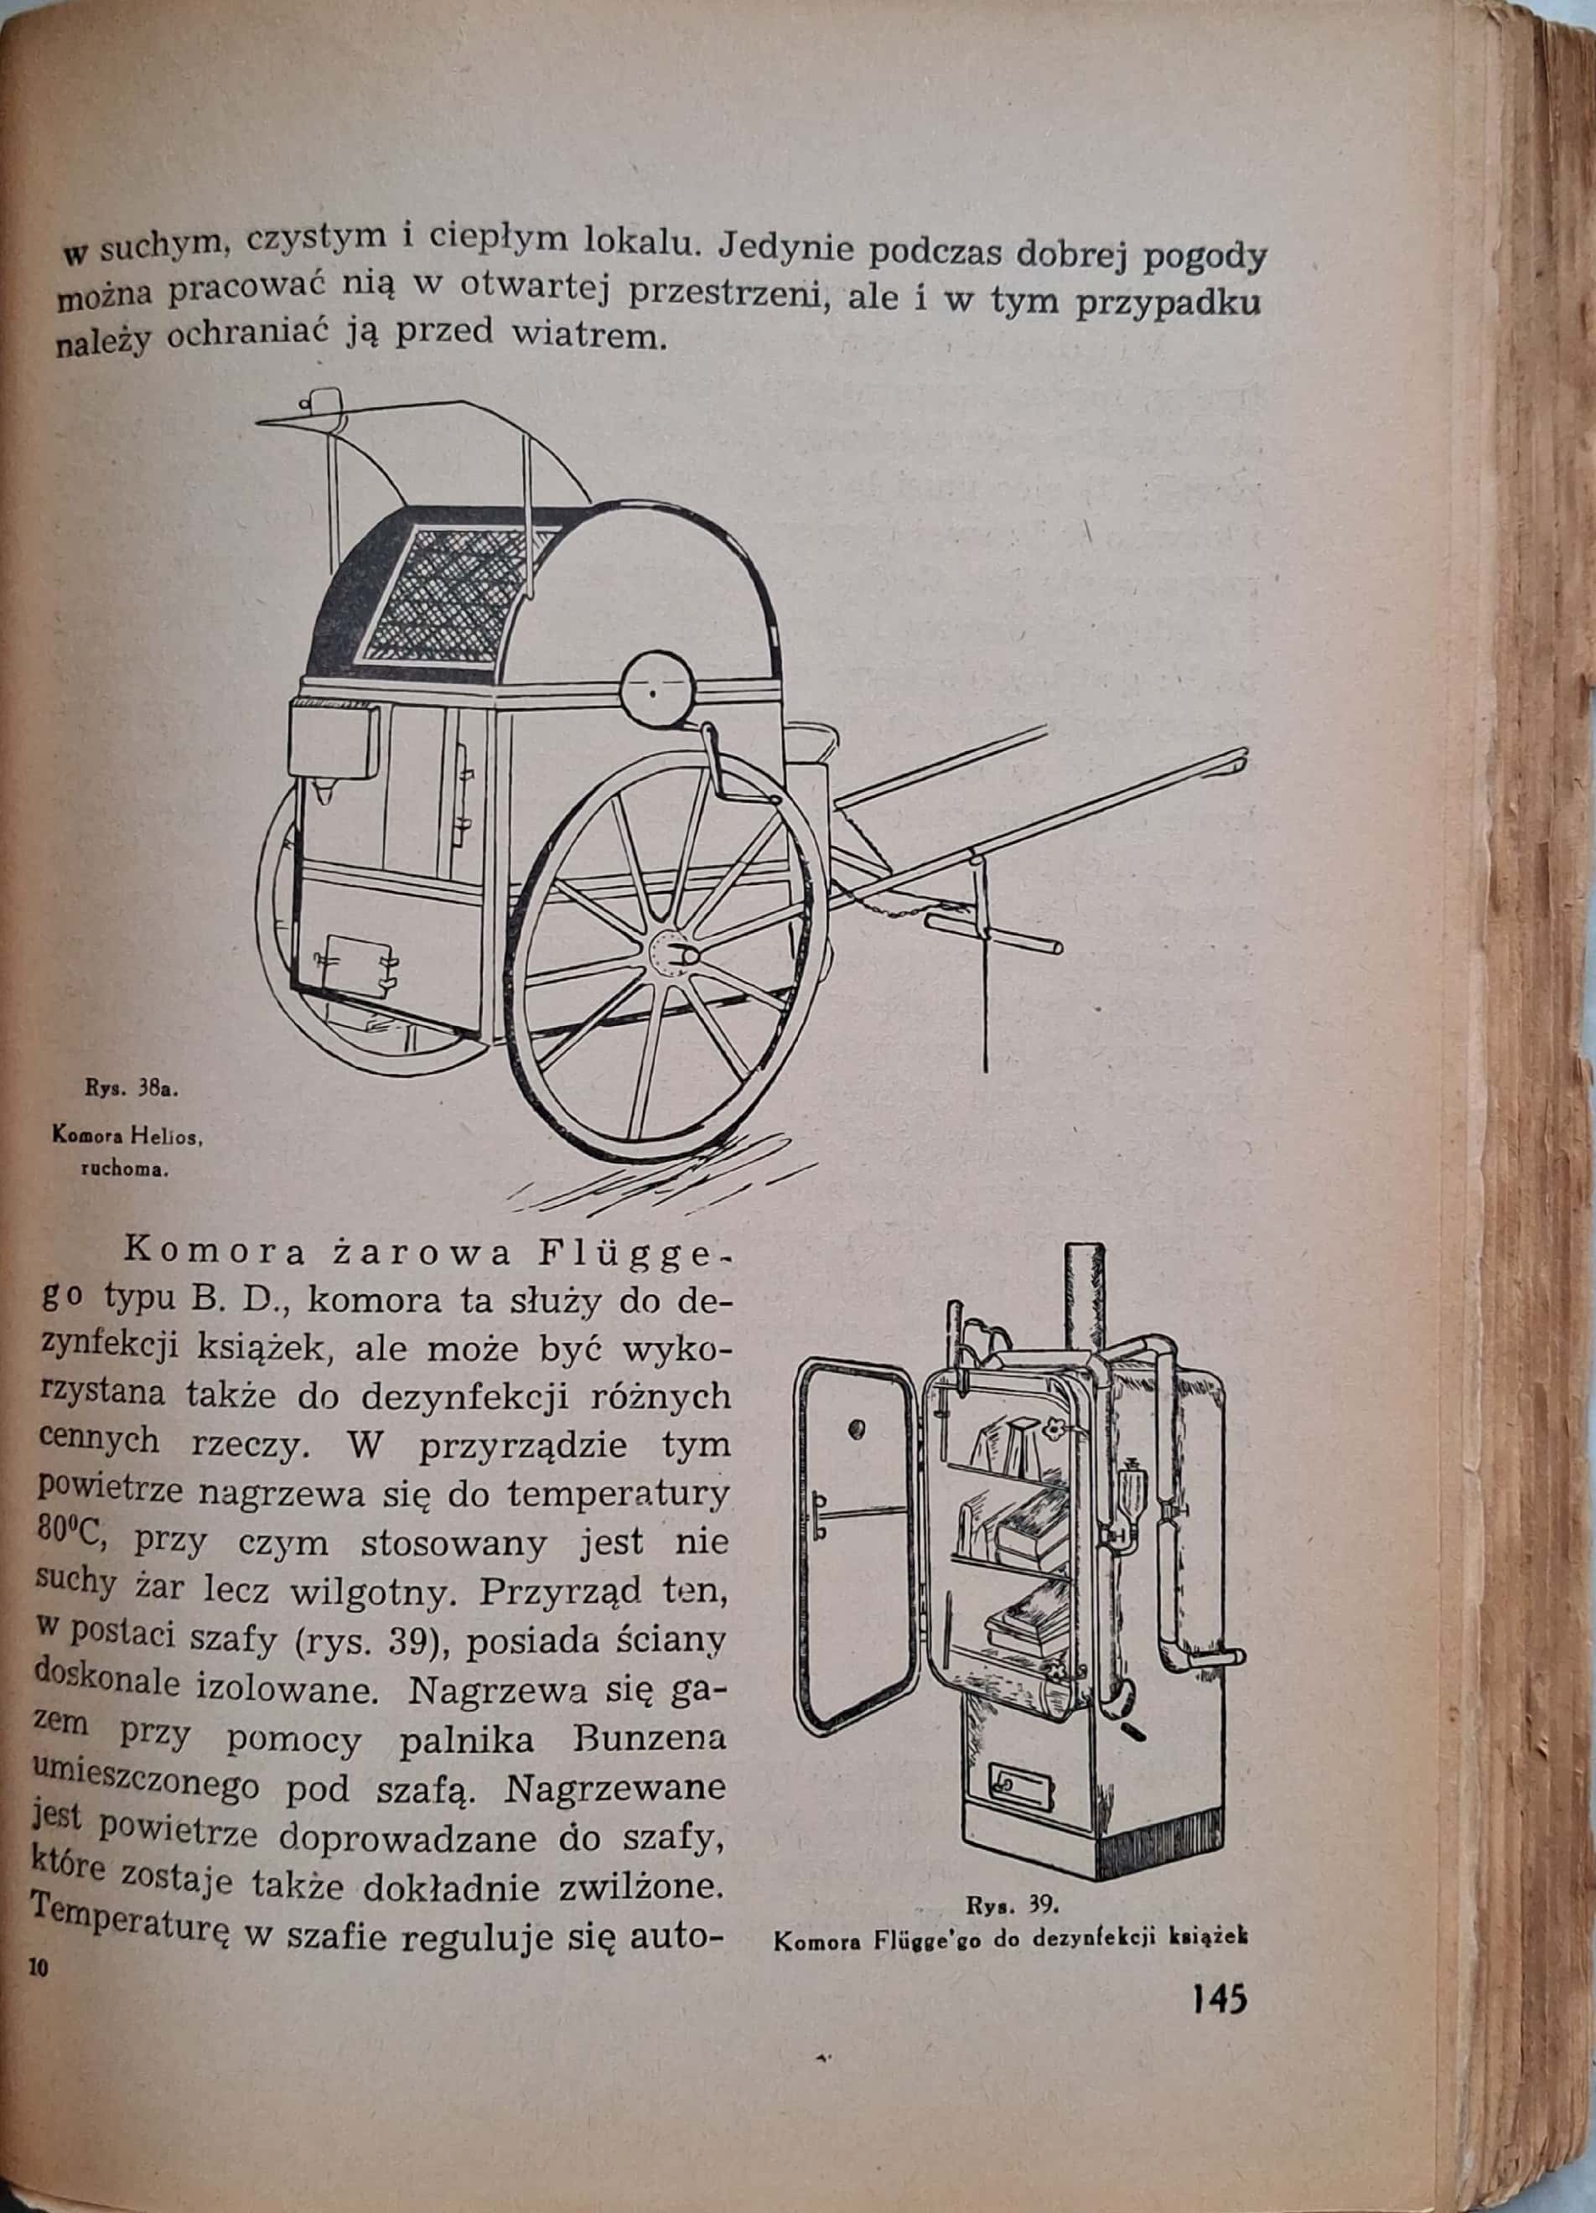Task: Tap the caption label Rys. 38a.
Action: (129, 1090)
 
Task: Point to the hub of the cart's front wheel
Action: (672, 951)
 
